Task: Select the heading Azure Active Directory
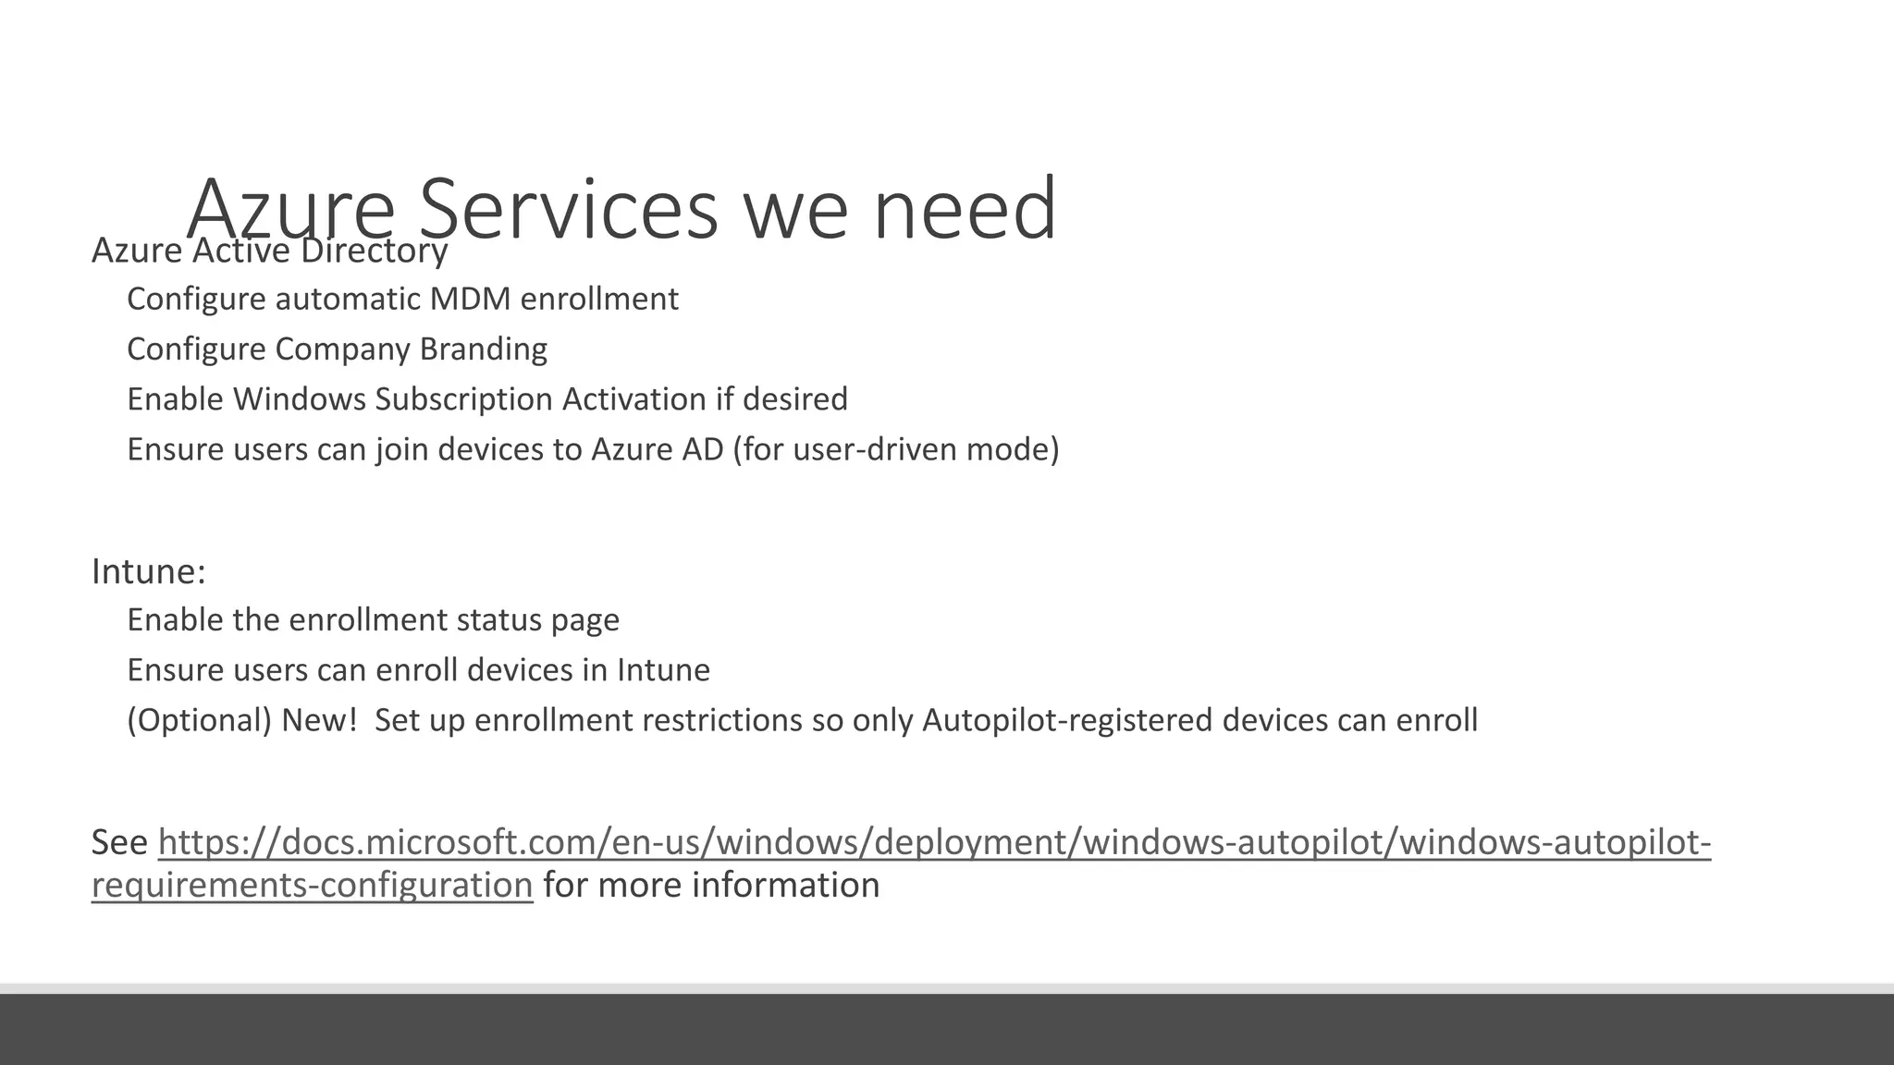(x=269, y=251)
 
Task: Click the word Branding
(x=483, y=349)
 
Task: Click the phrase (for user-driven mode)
(x=895, y=449)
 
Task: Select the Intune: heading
(x=148, y=571)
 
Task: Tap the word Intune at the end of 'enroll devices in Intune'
(x=663, y=670)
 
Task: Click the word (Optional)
(x=199, y=720)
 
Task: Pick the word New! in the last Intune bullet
(x=319, y=720)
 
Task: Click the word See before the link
(x=119, y=842)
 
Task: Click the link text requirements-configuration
(x=312, y=886)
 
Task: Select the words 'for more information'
(x=711, y=886)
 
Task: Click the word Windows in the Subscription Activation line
(x=300, y=399)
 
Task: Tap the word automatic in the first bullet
(x=348, y=300)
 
